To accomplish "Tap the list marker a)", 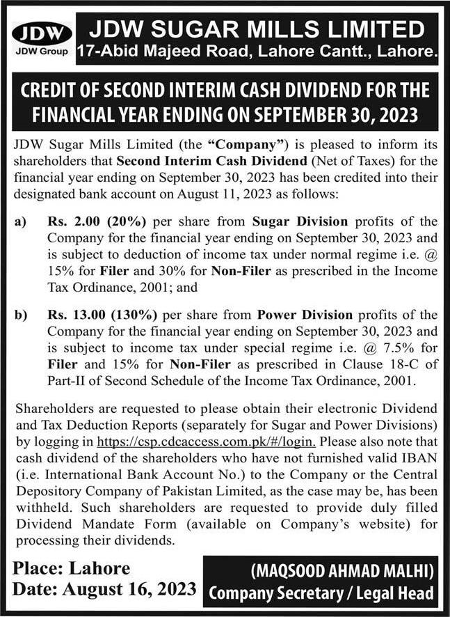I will tap(21, 222).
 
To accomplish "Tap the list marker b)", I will tap(21, 315).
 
